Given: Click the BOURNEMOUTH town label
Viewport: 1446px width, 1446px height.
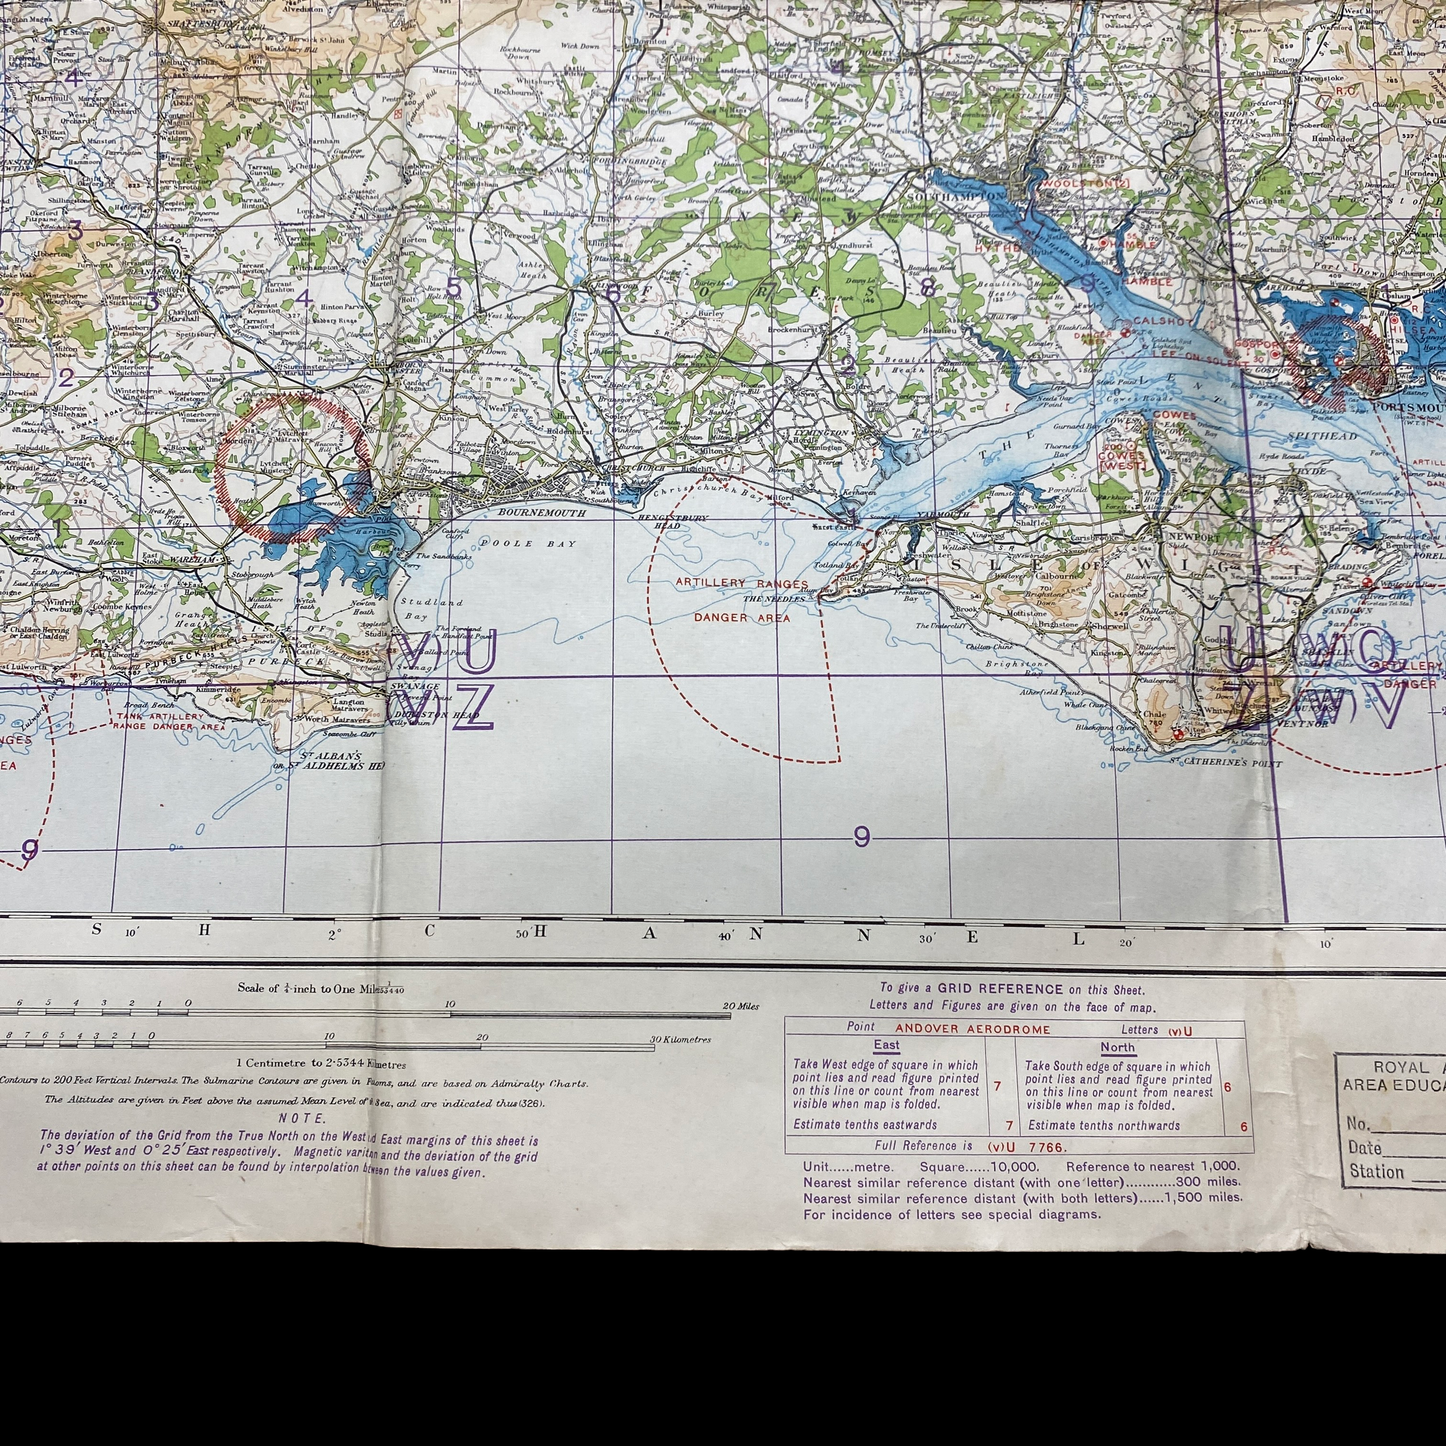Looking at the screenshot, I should tap(532, 513).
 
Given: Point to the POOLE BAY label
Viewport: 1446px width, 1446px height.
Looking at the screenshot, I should tap(528, 543).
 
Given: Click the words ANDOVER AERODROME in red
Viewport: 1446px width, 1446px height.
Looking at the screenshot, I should tap(972, 1029).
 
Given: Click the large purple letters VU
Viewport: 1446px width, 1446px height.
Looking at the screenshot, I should tap(448, 652).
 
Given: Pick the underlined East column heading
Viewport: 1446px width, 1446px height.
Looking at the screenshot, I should tap(886, 1045).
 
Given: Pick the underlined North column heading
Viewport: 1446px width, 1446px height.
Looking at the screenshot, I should tap(1118, 1047).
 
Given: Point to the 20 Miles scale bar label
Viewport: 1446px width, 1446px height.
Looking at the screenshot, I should tap(741, 1007).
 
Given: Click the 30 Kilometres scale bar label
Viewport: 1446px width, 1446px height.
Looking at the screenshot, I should tap(681, 1039).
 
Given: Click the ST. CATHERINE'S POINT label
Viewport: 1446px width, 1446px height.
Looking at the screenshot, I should tap(1226, 763).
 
